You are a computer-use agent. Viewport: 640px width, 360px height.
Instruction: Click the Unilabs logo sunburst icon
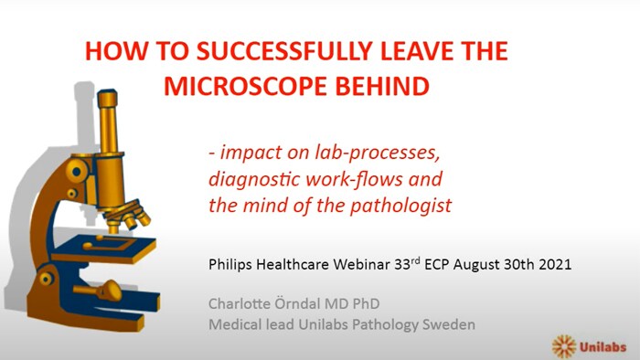(565, 344)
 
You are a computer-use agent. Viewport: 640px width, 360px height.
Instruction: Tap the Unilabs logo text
(603, 345)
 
